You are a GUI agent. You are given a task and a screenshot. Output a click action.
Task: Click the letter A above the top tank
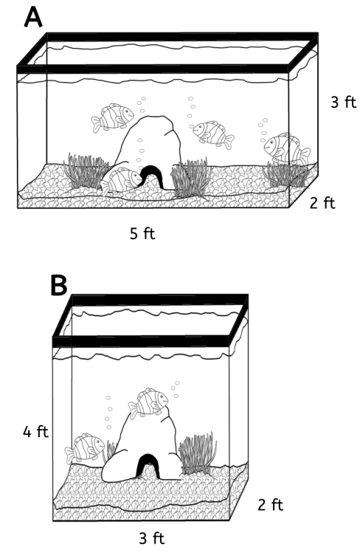coord(33,18)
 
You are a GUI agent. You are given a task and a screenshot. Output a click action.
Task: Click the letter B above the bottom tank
coord(58,284)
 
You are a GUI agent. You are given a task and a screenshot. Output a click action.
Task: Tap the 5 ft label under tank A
coord(142,233)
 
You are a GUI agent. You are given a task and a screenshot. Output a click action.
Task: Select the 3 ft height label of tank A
coord(344,102)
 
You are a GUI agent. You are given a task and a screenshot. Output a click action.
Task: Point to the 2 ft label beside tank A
coord(322,203)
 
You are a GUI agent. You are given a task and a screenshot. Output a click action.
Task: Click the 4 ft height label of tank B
coord(35,432)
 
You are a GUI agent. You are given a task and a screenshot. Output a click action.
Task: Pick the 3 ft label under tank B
coord(152,538)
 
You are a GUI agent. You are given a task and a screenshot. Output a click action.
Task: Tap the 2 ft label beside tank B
coord(271,505)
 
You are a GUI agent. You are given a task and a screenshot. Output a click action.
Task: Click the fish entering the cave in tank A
coord(121,181)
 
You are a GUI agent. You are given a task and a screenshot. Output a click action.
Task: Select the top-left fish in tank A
coord(113,117)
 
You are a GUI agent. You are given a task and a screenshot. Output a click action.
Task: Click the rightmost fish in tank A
coord(287,149)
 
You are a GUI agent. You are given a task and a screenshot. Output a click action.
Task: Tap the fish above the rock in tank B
coord(148,403)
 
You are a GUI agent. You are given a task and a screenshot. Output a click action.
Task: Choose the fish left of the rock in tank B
coord(85,448)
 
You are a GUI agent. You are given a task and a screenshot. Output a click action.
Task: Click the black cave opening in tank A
coord(153,175)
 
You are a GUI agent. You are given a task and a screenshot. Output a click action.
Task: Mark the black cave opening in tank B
coord(147,466)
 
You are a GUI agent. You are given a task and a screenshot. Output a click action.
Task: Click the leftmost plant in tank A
coord(86,171)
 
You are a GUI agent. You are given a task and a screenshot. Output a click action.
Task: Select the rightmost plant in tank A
coord(286,174)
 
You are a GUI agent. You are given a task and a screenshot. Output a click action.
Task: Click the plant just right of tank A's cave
coord(192,178)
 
